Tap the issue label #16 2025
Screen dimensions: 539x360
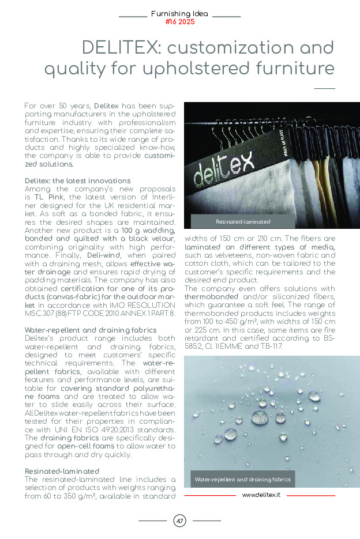coord(179,22)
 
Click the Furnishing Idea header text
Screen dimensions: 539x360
coord(179,13)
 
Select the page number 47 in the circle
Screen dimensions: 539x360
coord(179,521)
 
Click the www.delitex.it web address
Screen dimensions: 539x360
coord(261,495)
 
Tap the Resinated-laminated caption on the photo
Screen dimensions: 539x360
coord(243,221)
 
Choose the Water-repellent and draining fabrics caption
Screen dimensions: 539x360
coord(242,479)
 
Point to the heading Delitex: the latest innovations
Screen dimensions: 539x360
coord(77,180)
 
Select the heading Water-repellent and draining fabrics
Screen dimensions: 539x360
coord(91,330)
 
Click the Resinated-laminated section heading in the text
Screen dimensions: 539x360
coord(62,471)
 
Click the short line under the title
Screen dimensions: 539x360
coord(325,88)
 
